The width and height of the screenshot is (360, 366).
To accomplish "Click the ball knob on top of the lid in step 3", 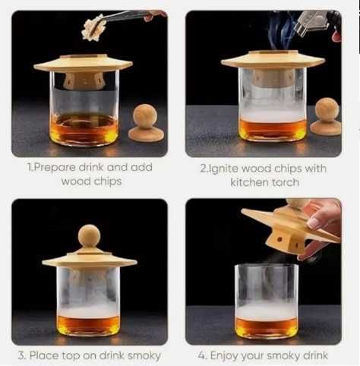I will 90,235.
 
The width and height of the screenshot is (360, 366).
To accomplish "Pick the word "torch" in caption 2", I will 285,183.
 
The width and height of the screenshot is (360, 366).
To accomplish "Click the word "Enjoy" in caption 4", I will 229,355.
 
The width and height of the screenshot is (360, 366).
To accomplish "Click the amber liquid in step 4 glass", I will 266,327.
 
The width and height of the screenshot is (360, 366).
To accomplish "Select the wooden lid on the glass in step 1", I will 84,63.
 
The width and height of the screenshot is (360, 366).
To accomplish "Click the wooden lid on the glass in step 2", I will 273,59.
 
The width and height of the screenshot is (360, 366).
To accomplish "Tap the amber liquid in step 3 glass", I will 88,324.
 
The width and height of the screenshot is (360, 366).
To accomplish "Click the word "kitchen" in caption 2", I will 249,183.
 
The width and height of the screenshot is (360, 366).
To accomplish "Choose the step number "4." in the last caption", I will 203,355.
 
